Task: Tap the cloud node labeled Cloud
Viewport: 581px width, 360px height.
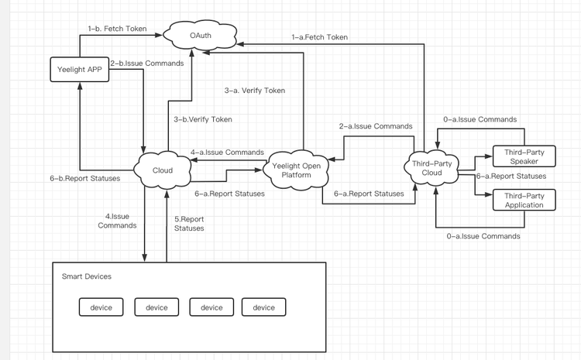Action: coord(162,170)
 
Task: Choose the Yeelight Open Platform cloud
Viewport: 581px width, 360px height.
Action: coord(298,170)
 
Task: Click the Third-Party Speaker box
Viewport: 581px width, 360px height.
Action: coord(518,156)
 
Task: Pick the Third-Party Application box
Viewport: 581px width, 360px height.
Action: coord(518,200)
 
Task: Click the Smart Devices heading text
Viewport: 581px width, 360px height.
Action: coord(86,276)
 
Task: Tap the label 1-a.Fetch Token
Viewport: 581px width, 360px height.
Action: coord(319,36)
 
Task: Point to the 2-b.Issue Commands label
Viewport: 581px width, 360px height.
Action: coord(146,63)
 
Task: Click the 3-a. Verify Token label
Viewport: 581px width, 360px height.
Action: coord(255,91)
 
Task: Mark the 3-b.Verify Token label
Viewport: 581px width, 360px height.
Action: coord(203,119)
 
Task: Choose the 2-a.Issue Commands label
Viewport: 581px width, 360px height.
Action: coord(376,125)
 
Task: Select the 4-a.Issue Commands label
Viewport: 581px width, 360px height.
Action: coord(227,153)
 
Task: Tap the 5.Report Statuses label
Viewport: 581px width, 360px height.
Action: coord(189,223)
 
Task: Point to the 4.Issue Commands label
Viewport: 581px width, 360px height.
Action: coord(117,221)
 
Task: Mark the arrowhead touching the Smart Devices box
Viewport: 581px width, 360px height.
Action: coord(145,260)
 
